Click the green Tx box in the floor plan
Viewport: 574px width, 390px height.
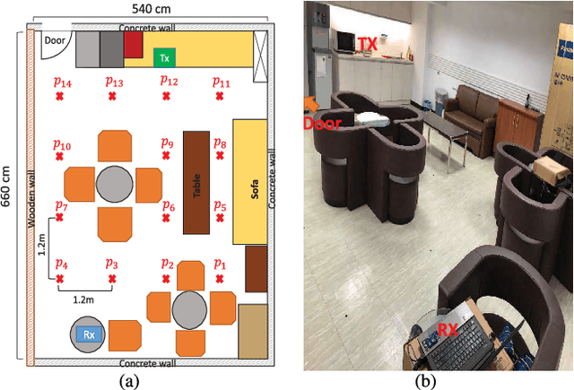(163, 57)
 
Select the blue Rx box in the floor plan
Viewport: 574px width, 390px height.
(89, 335)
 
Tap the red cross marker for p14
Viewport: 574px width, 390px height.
(60, 96)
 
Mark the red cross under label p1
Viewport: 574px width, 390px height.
(219, 279)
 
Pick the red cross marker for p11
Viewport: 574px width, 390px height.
(219, 96)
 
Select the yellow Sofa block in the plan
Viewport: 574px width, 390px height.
(250, 180)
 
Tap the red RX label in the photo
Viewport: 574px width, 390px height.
(449, 331)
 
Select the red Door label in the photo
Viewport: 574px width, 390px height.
(321, 124)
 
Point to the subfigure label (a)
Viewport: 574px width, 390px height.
(129, 380)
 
